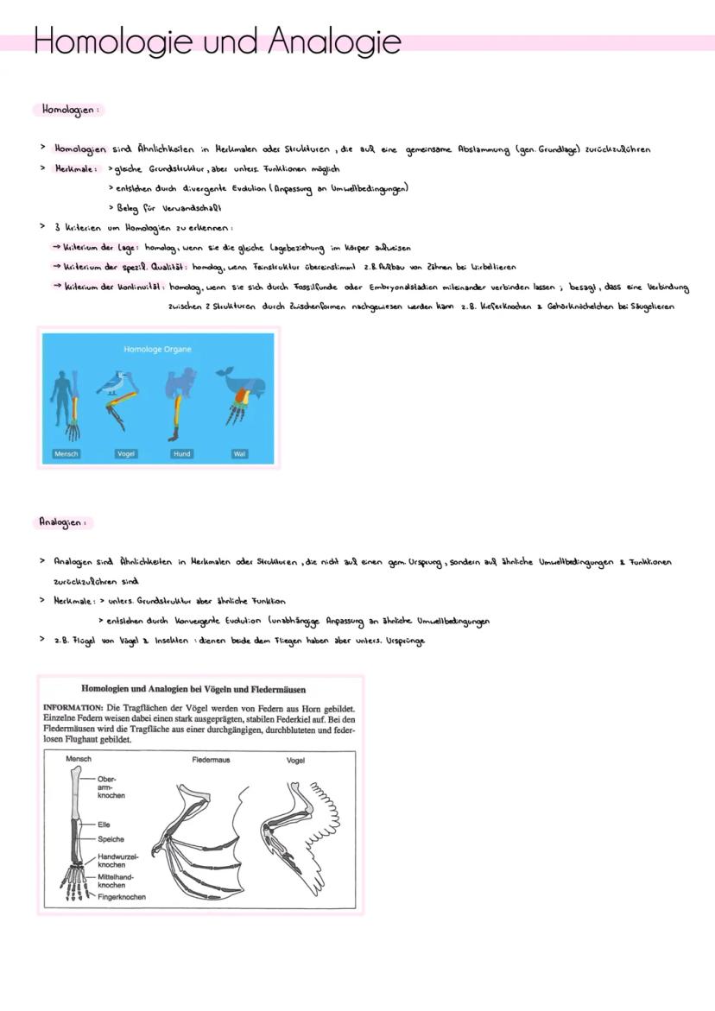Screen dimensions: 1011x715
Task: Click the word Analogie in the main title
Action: [x=333, y=41]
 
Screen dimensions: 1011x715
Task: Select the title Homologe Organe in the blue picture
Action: [x=157, y=350]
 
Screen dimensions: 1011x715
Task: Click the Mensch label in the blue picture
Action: [x=66, y=453]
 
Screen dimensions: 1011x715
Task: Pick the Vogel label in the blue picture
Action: [x=126, y=453]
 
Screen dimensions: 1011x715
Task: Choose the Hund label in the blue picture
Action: [x=181, y=453]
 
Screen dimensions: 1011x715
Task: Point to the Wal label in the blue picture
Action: [x=239, y=453]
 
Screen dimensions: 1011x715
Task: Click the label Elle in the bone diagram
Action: [x=104, y=825]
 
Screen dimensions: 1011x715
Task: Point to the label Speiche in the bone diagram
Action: [x=111, y=839]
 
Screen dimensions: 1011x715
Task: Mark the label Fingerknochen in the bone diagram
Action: [x=121, y=896]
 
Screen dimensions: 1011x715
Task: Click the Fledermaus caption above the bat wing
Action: [x=211, y=760]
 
